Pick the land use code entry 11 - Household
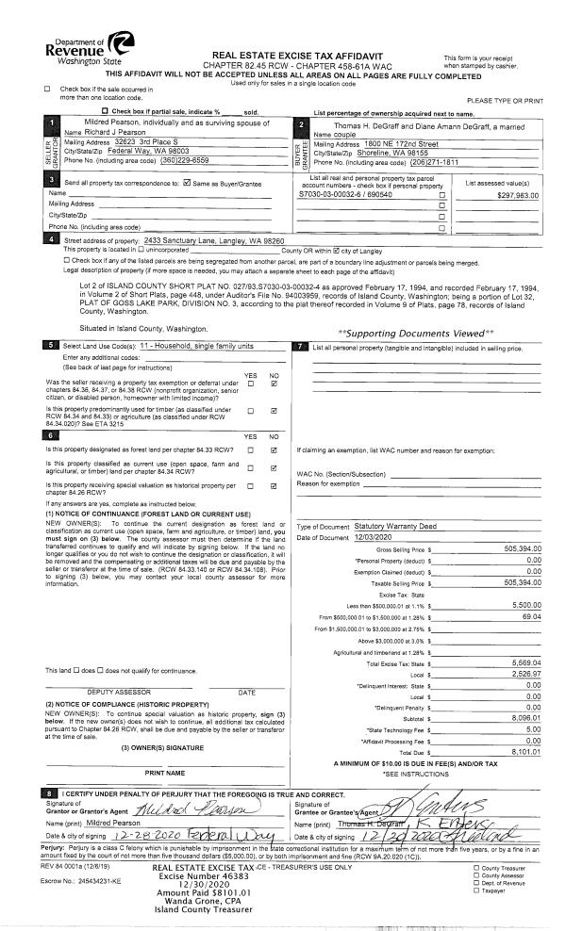tap(197, 347)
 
